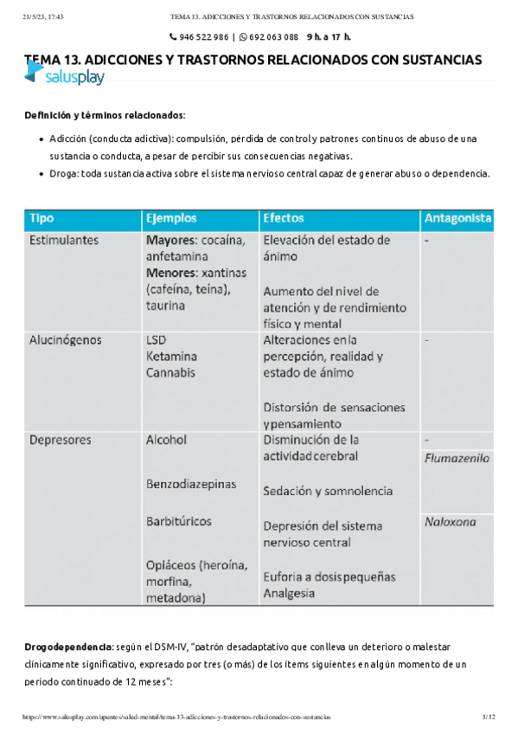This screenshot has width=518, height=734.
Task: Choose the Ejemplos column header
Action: (x=171, y=218)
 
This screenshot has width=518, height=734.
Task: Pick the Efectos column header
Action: (x=284, y=218)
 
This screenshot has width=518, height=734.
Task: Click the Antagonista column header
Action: (x=458, y=218)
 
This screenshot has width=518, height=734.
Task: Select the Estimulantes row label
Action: (x=64, y=240)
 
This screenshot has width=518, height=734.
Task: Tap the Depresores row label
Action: (x=60, y=440)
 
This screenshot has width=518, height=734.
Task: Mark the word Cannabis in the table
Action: (x=171, y=373)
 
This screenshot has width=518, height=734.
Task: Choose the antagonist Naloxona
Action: (x=451, y=522)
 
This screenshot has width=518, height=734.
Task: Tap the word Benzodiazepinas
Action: (x=191, y=484)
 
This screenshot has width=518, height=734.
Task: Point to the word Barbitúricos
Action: (x=179, y=522)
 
